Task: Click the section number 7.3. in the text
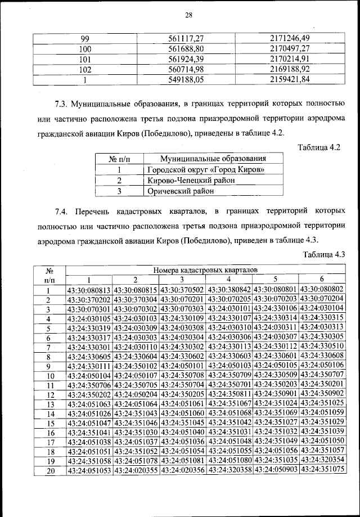coord(62,105)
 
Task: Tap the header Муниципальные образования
coord(205,159)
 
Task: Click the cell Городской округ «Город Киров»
coord(205,169)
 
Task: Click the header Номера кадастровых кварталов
coord(205,270)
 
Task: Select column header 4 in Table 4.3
coord(228,280)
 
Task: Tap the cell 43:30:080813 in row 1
coord(89,290)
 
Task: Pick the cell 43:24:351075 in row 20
coord(322,470)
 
